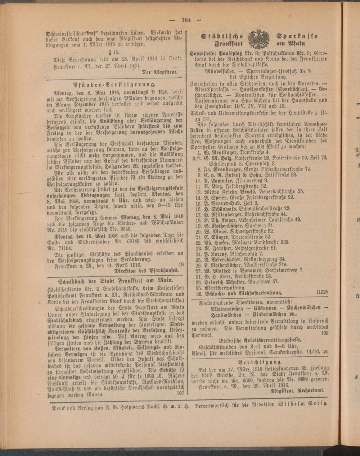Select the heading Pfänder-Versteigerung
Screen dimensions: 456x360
point(115,85)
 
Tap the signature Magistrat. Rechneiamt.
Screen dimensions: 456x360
point(298,390)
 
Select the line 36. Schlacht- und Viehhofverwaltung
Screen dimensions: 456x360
point(243,293)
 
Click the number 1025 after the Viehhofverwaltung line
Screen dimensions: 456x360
point(323,293)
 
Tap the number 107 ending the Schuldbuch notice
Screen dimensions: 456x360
point(180,393)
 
